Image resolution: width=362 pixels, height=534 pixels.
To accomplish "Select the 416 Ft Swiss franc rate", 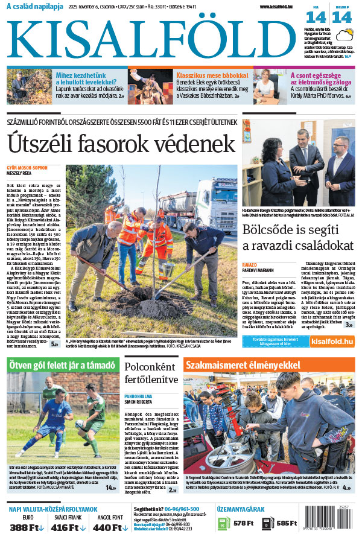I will (68, 527).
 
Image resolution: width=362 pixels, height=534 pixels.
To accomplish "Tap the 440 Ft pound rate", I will (109, 527).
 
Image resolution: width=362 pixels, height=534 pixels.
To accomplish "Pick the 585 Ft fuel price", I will (287, 523).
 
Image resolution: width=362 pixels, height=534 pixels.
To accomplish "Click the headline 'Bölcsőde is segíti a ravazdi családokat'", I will (298, 238).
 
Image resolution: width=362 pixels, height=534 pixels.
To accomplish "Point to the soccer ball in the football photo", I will (79, 423).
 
